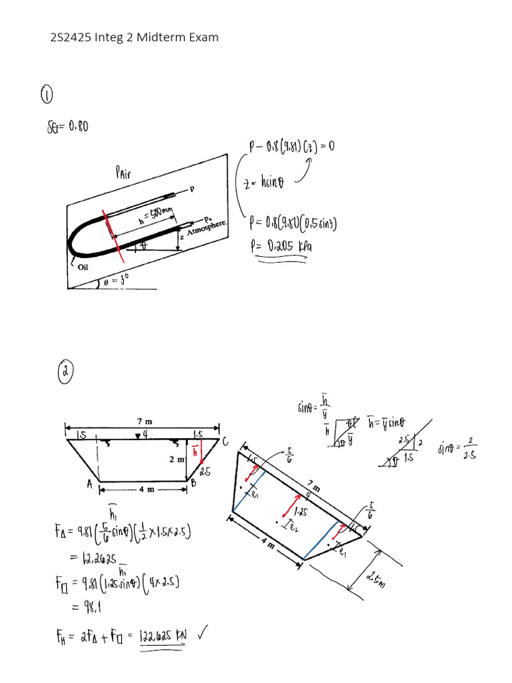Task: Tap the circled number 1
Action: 47,95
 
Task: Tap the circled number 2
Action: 65,370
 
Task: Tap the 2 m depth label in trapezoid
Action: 176,460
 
